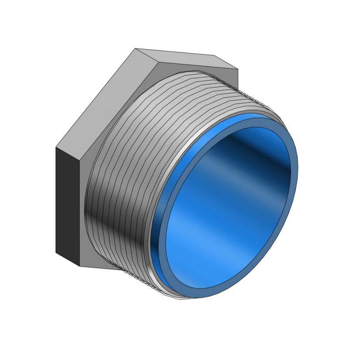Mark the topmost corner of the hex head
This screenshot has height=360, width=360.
point(136,48)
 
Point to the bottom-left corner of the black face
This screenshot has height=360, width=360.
point(56,252)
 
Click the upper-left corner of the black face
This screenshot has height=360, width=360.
point(56,147)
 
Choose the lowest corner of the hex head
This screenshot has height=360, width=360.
point(79,266)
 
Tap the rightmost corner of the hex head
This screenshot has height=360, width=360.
point(238,69)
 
